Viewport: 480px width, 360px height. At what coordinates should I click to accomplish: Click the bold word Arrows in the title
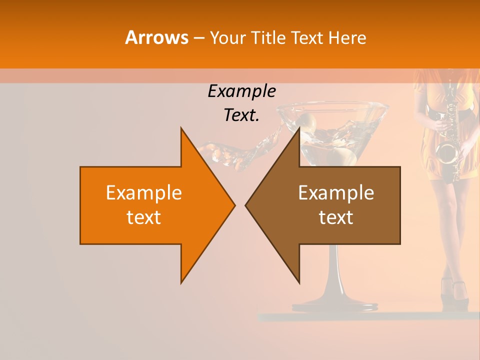tap(157, 37)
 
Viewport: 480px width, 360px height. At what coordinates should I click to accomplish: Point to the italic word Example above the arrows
tap(241, 91)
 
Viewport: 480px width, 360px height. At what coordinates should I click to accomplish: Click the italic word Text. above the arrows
tap(241, 115)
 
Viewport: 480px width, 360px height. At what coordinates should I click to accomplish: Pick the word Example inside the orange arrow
tap(144, 192)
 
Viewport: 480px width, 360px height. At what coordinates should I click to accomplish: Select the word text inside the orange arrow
tap(144, 217)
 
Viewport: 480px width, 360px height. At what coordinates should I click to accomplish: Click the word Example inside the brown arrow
tap(336, 192)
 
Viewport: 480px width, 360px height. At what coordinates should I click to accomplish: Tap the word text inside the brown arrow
tap(336, 217)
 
